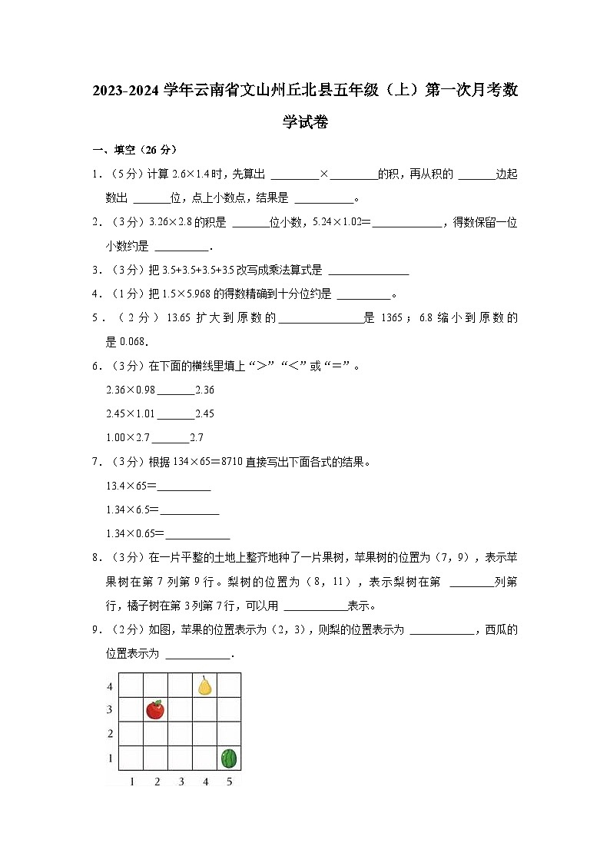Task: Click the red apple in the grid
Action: click(x=155, y=709)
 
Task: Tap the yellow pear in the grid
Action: click(x=204, y=685)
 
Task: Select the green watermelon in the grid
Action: click(x=229, y=758)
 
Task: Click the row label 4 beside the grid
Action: click(x=110, y=685)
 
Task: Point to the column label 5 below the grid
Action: click(x=229, y=782)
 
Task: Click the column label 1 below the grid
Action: click(x=132, y=782)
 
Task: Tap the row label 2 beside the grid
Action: click(x=110, y=734)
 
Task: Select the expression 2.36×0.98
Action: click(x=131, y=390)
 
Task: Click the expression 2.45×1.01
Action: click(x=131, y=414)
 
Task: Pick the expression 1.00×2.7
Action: click(x=129, y=438)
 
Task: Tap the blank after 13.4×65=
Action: click(x=184, y=486)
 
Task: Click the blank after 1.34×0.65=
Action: click(x=197, y=534)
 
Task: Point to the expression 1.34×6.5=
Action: click(x=132, y=510)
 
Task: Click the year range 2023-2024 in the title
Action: click(x=127, y=91)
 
